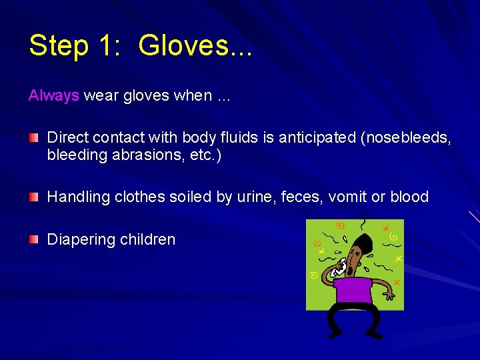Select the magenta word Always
coord(53,95)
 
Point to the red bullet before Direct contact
coord(33,137)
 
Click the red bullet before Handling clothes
coord(33,197)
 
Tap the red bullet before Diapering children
coord(33,239)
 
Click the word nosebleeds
coord(408,137)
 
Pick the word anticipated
coord(317,137)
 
